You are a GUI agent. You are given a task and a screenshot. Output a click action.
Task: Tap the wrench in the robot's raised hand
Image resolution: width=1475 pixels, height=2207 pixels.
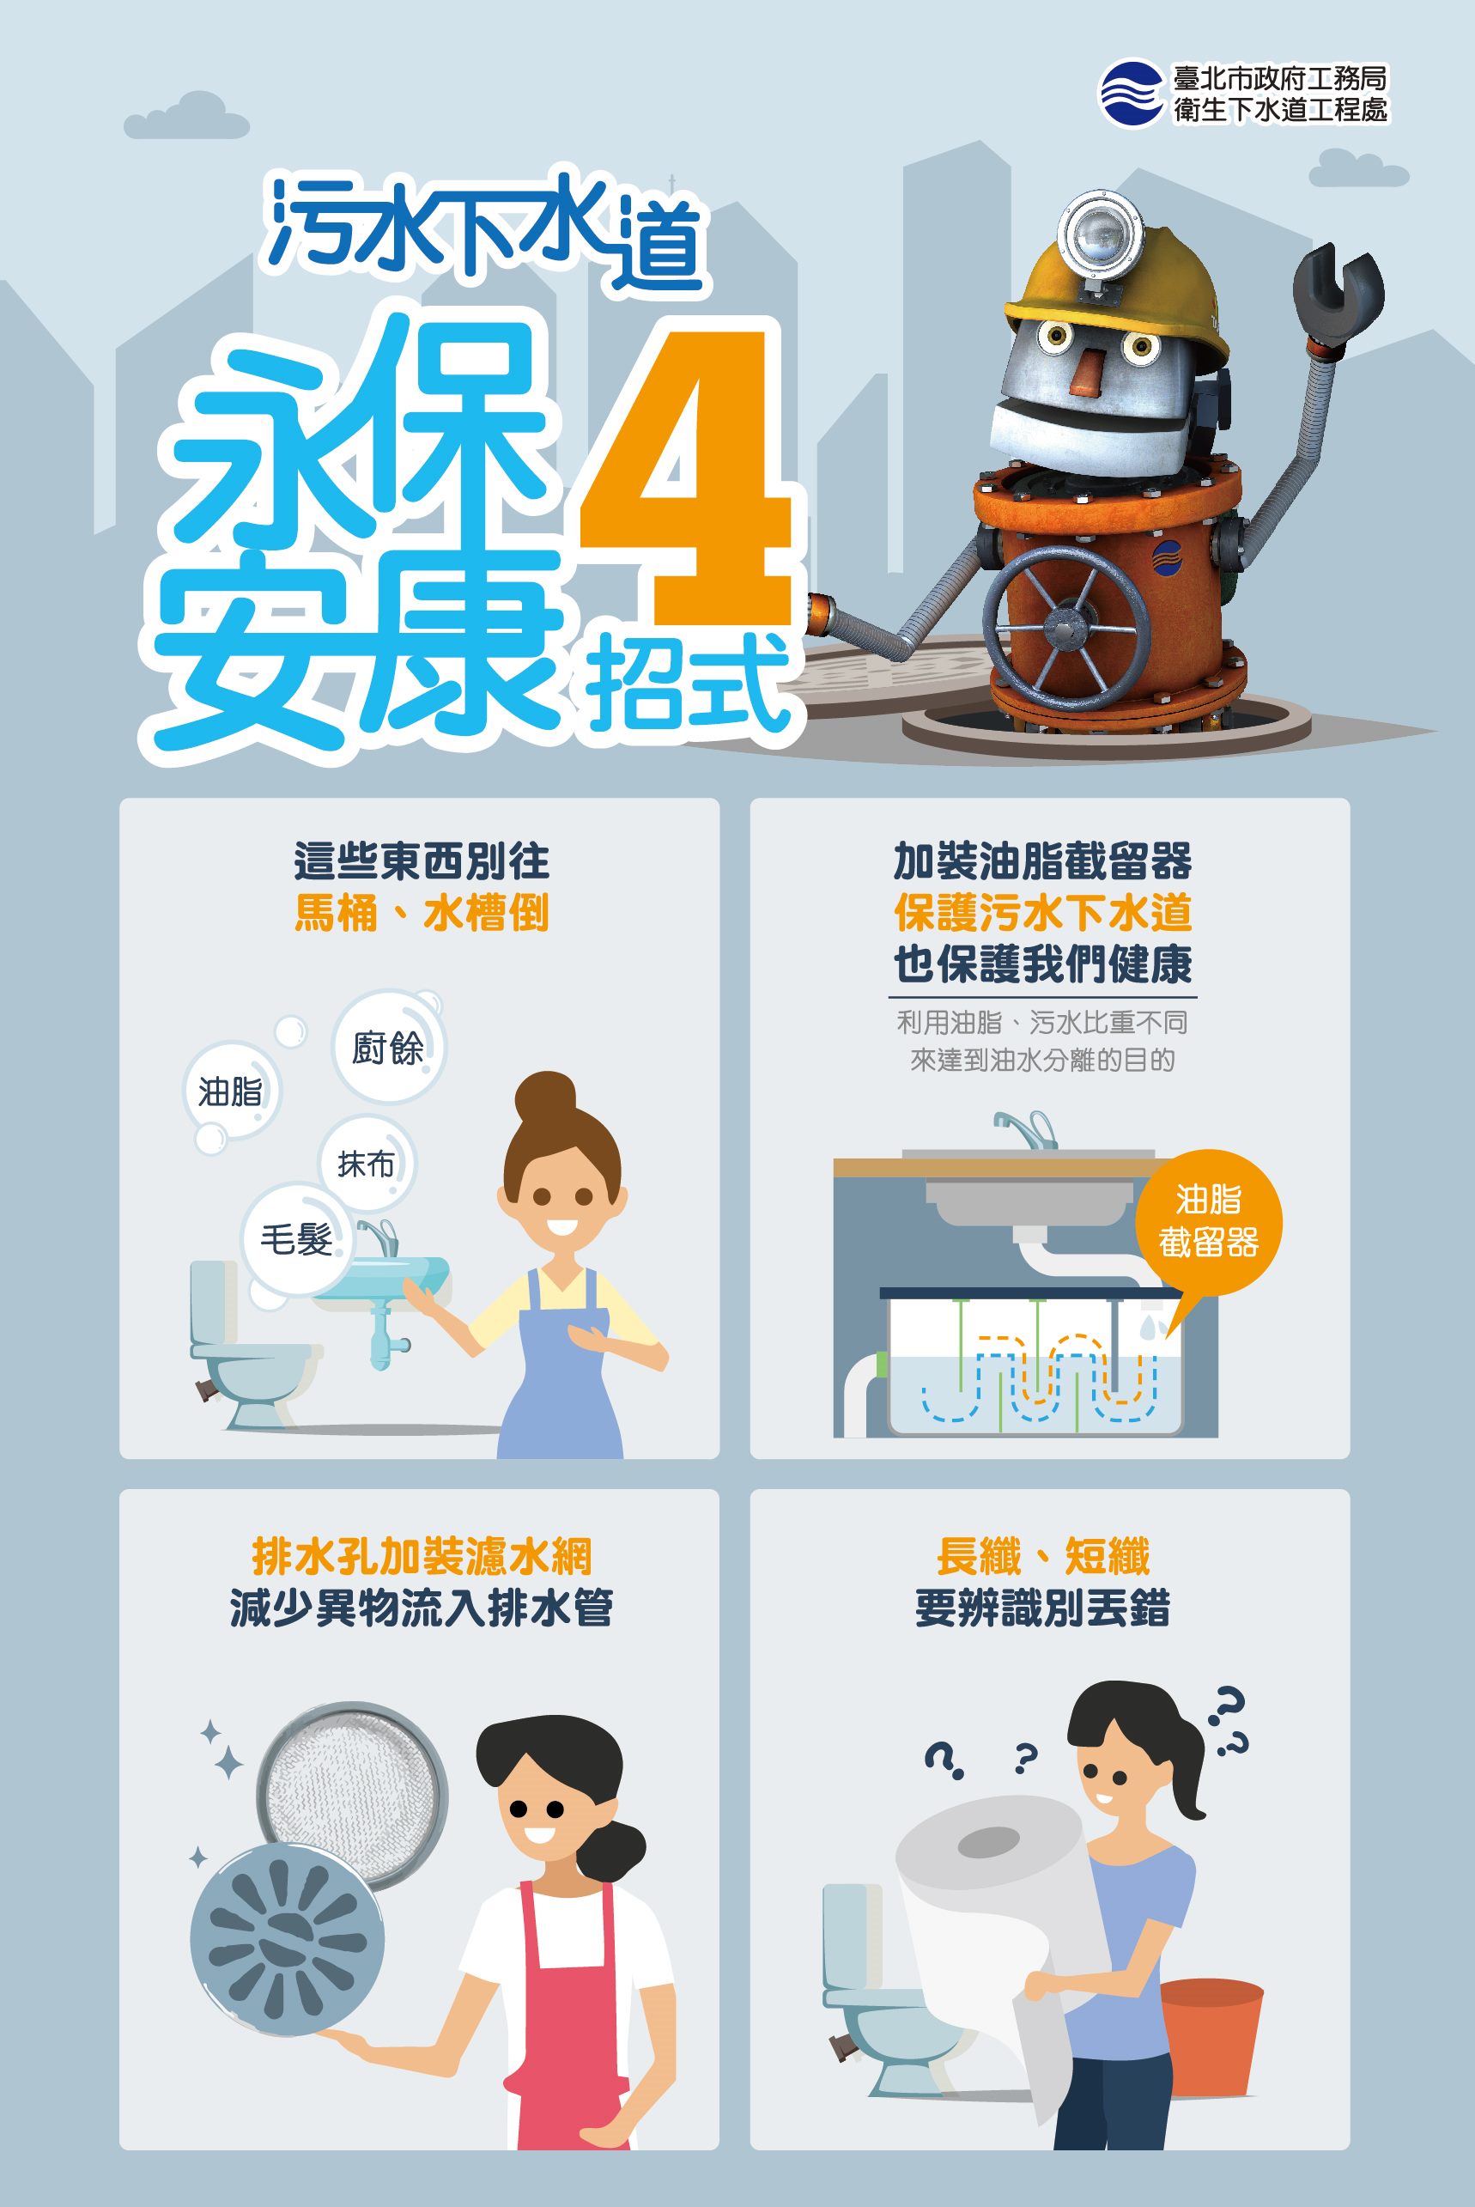[x=1338, y=295]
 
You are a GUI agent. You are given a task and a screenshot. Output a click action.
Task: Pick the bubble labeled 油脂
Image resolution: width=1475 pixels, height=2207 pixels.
[x=230, y=1092]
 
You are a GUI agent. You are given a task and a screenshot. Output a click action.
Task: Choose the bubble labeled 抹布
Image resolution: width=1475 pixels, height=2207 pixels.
[x=367, y=1164]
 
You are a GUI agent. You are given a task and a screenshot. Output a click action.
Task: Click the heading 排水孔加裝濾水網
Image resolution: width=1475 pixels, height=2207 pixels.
[x=421, y=1555]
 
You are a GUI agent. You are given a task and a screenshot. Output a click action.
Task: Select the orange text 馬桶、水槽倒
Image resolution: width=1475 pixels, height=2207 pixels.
[x=421, y=913]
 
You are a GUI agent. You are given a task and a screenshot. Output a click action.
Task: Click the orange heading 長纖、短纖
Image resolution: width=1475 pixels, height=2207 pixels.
[x=1043, y=1555]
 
